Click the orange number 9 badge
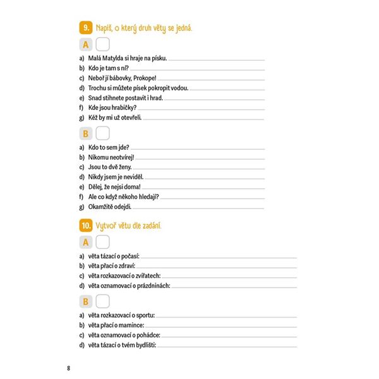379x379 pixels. point(85,28)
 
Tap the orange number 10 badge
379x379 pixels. point(85,225)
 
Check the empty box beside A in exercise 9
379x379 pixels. point(103,44)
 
